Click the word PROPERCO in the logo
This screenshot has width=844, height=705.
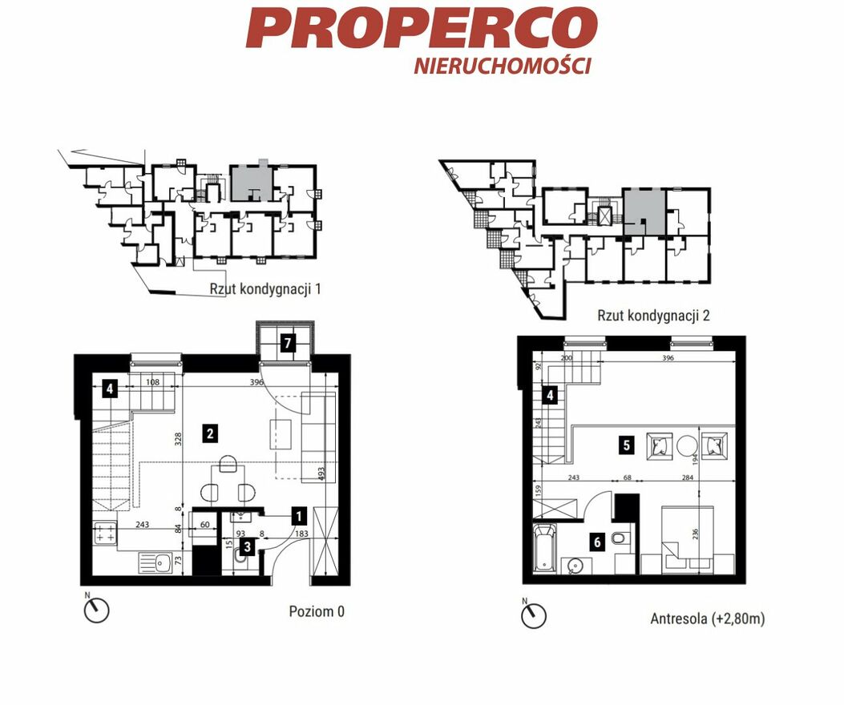point(422,29)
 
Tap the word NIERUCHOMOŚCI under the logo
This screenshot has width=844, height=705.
point(503,66)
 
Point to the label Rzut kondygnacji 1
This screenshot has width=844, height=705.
point(265,289)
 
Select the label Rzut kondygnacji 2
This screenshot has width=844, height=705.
point(653,315)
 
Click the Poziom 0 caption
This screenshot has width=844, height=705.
point(317,611)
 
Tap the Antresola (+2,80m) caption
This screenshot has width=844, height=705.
point(707,618)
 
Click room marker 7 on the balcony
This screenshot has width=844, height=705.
point(288,343)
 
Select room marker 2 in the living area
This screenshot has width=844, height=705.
point(210,433)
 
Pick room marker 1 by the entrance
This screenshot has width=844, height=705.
point(299,516)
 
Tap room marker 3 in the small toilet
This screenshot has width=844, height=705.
point(247,547)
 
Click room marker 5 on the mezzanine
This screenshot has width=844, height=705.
point(626,445)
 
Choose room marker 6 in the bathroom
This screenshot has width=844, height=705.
point(597,542)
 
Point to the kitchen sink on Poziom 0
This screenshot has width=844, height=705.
point(155,563)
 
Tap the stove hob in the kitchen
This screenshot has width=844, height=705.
point(105,534)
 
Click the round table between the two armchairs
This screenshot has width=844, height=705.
point(687,445)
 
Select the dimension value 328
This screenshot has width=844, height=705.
point(179,439)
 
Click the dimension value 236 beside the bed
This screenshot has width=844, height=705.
point(695,534)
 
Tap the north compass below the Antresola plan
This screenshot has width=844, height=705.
point(533,613)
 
